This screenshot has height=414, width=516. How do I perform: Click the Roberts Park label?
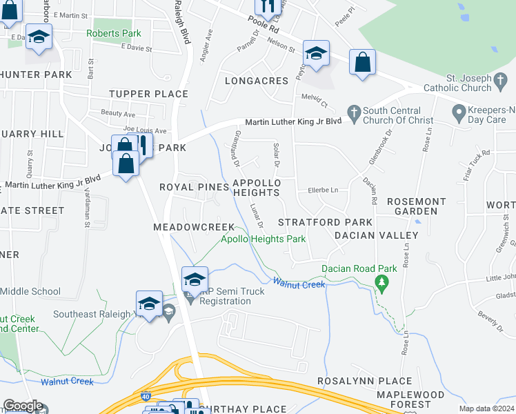[x=113, y=33]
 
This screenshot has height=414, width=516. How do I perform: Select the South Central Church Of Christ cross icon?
[x=354, y=112]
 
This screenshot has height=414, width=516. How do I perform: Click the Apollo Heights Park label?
[x=263, y=239]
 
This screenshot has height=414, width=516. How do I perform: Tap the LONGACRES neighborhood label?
[x=257, y=81]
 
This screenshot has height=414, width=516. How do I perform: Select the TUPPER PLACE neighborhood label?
[x=148, y=94]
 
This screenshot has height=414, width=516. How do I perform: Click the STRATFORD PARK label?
[x=325, y=222]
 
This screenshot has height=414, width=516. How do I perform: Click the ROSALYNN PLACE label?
[x=364, y=381]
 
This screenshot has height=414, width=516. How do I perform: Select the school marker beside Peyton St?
[x=316, y=54]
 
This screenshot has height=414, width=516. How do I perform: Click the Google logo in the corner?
[x=23, y=406]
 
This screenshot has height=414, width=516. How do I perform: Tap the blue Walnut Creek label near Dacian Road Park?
[x=299, y=283]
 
